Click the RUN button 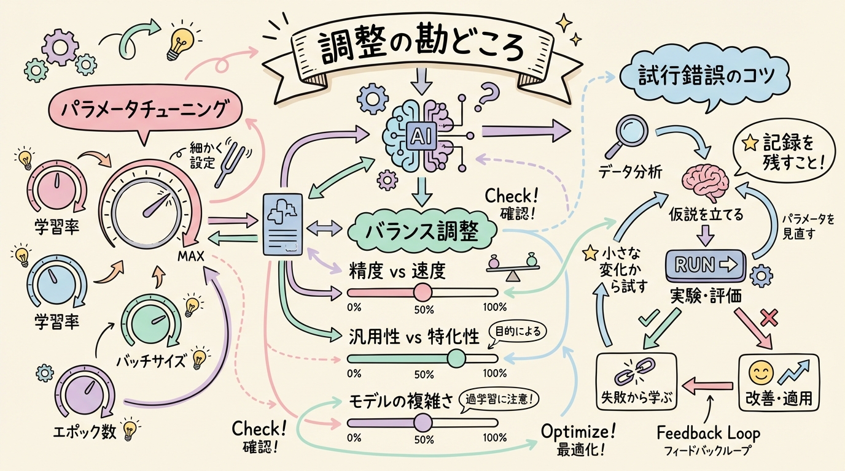(704, 265)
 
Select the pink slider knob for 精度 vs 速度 (422, 292)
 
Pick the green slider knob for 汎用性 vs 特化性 (456, 358)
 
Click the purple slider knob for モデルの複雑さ (422, 422)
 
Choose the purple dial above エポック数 (85, 393)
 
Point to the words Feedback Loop (707, 433)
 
